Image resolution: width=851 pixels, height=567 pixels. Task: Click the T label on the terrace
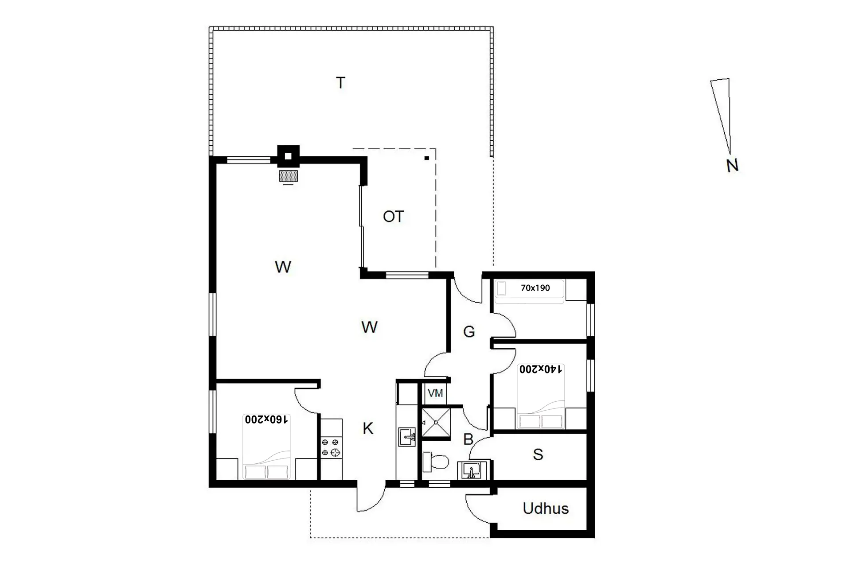click(340, 83)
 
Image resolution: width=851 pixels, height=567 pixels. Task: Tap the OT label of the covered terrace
click(394, 217)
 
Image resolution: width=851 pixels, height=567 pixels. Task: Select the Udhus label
click(546, 508)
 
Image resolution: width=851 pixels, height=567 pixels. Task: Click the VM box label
click(435, 393)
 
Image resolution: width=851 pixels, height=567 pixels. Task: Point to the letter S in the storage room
click(538, 454)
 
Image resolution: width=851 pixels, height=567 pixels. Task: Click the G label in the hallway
click(469, 331)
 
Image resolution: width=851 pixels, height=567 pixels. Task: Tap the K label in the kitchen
click(368, 428)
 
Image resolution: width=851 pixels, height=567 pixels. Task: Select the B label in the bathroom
click(468, 439)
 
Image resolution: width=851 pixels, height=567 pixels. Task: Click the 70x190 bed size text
click(535, 288)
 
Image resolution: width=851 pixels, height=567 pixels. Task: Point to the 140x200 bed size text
click(541, 369)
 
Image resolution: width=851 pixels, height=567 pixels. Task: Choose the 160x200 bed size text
click(266, 419)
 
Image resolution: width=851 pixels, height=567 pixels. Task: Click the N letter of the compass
click(732, 166)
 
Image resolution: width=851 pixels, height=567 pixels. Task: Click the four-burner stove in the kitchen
click(332, 447)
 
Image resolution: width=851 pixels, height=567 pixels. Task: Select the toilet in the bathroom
click(436, 462)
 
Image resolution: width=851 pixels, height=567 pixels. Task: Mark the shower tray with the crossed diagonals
click(436, 423)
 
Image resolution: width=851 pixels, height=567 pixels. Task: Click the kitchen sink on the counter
click(407, 437)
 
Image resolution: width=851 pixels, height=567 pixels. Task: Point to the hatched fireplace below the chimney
click(288, 176)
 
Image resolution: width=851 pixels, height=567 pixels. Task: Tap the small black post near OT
click(427, 158)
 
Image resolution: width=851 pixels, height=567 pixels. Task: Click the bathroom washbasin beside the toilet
click(472, 470)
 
